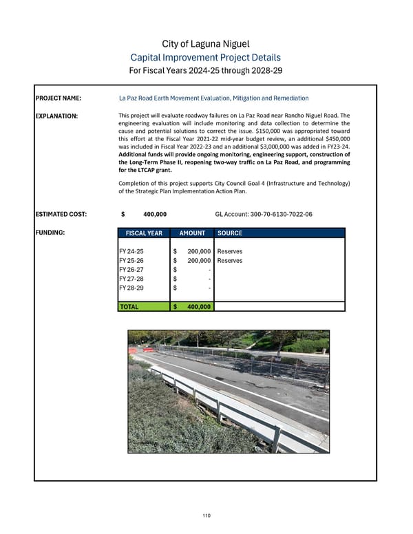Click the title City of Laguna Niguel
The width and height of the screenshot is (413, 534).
206,44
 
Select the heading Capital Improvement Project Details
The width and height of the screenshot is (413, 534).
206,58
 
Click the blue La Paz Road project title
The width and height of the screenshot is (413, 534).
213,98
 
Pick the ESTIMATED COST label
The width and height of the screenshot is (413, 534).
61,215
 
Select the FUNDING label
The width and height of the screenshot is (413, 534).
51,233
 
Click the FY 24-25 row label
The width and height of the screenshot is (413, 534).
131,253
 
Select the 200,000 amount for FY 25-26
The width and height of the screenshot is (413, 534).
198,261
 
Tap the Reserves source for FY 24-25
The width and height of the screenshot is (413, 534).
229,253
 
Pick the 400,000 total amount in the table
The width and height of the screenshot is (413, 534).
198,306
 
